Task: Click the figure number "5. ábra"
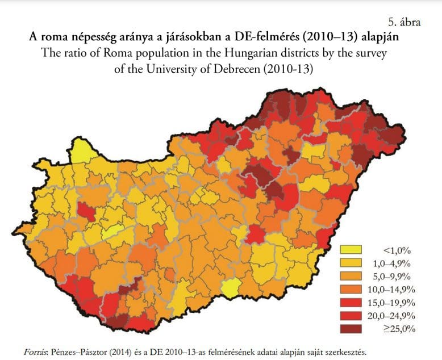pyautogui.click(x=404, y=22)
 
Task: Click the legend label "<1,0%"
pyautogui.click(x=397, y=250)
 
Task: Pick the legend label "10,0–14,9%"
pyautogui.click(x=391, y=289)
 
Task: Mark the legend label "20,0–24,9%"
pyautogui.click(x=391, y=315)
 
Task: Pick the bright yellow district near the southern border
pyautogui.click(x=230, y=290)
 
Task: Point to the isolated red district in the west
pyautogui.click(x=86, y=211)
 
